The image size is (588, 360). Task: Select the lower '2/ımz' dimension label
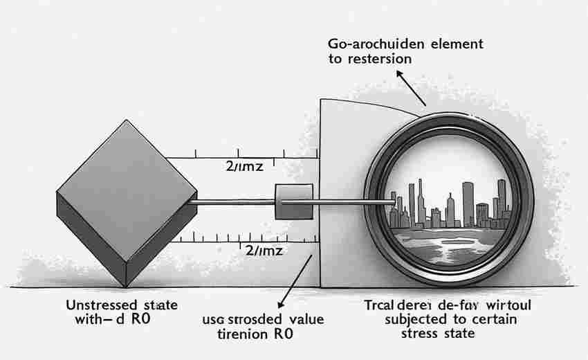click(x=264, y=250)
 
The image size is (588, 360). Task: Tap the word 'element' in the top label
click(x=453, y=44)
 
